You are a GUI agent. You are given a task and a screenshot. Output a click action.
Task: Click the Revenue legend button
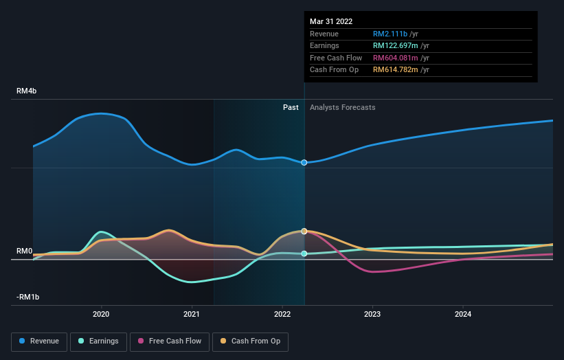tap(40, 341)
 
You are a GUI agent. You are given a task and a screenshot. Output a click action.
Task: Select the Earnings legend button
tap(99, 341)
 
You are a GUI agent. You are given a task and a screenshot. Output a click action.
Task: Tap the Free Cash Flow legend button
tap(170, 341)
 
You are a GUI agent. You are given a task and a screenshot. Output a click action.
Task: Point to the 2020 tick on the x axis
tap(101, 315)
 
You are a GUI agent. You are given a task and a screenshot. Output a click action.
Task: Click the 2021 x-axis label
tap(192, 315)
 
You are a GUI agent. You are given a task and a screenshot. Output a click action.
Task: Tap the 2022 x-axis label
tap(282, 315)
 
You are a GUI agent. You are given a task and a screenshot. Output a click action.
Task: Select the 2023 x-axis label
tap(372, 315)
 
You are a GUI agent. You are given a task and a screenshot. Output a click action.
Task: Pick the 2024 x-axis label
tap(463, 315)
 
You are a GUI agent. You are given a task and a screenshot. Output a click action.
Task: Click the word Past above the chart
tap(291, 107)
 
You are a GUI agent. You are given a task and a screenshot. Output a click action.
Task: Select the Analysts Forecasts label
tap(343, 107)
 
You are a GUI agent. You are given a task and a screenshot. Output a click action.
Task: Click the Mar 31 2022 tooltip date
tap(331, 21)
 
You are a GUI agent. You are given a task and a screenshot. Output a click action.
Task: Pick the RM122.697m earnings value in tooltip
tap(401, 45)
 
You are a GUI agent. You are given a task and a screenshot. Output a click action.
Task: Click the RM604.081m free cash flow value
tap(401, 58)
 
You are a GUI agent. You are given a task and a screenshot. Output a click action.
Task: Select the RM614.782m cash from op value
tap(401, 69)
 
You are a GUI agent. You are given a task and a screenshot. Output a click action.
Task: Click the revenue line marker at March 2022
tap(304, 162)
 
